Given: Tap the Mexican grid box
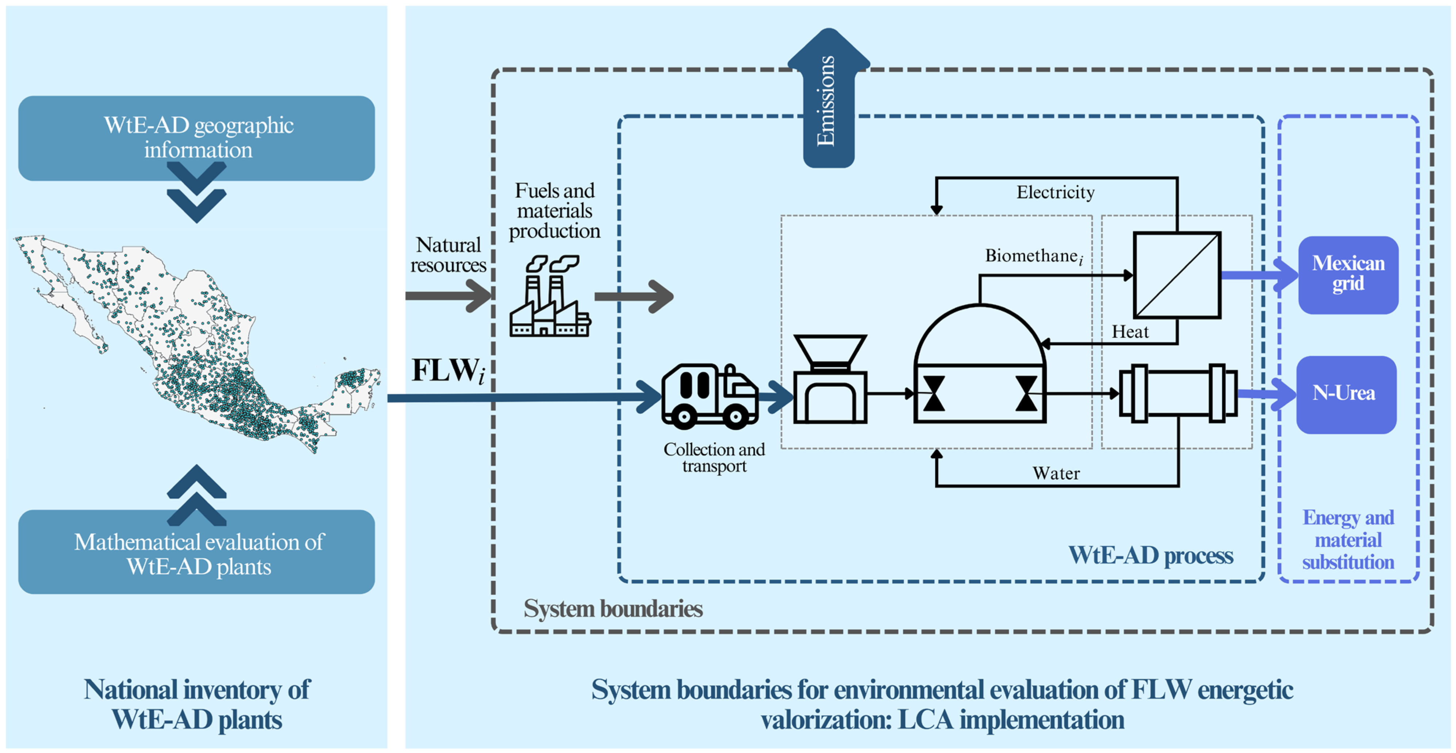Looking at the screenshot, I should pos(1348,275).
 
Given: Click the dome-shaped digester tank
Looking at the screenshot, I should pos(980,364).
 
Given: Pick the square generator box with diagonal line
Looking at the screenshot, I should pos(1177,275).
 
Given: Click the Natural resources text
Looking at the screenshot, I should pos(447,255).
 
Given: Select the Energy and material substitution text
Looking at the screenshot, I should pos(1348,540).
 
